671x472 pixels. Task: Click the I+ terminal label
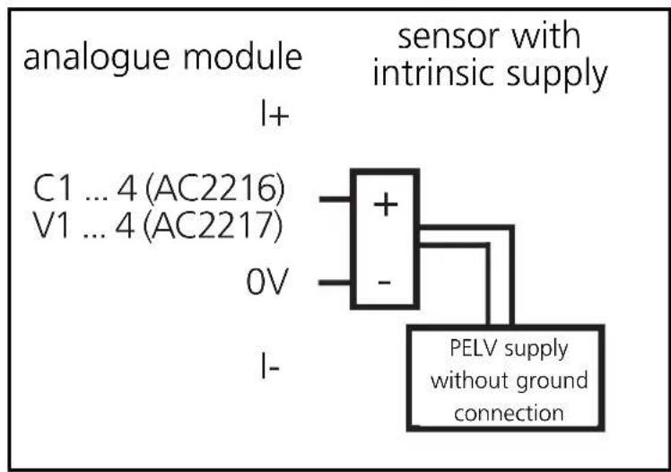266,118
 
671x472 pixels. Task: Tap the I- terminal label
266,369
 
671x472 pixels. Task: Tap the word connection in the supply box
508,414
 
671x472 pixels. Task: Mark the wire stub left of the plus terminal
335,201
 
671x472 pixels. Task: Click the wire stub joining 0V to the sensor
335,286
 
